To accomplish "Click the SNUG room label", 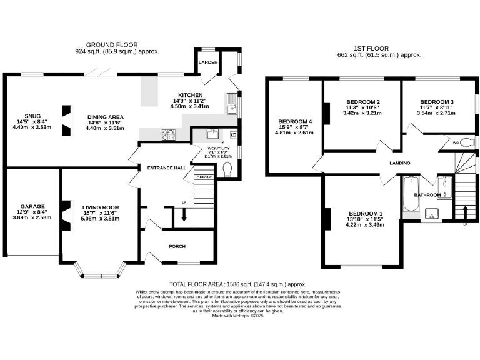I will click(32, 116).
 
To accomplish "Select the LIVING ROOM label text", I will click(101, 207).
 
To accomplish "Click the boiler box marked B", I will click(234, 134).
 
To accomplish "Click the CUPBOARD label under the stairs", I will click(204, 177).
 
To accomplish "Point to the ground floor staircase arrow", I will click(184, 214).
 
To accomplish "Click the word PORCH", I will click(177, 246).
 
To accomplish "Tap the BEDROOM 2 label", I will click(363, 102).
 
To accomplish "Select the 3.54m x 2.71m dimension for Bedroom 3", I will click(437, 113).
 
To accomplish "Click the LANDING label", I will click(400, 163).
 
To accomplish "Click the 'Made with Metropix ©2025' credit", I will click(239, 316).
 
